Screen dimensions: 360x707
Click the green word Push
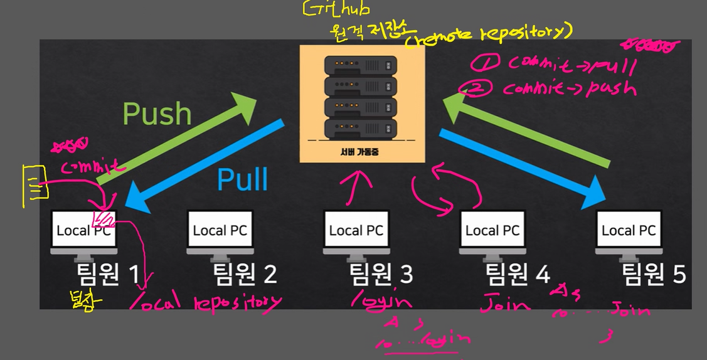[x=157, y=114]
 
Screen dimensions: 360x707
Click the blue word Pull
[x=243, y=179]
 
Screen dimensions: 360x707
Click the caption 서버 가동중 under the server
[x=362, y=151]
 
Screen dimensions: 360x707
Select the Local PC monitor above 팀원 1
[x=84, y=230]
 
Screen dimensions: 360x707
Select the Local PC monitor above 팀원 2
[x=220, y=230]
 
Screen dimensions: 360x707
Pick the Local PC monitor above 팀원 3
[x=356, y=230]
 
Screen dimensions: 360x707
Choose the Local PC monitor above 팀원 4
[x=492, y=230]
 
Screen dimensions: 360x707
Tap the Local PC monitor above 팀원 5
[x=629, y=230]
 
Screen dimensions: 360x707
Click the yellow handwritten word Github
[x=336, y=9]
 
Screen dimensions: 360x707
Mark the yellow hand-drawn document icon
[x=35, y=185]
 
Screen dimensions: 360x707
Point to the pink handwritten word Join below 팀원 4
[x=504, y=305]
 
